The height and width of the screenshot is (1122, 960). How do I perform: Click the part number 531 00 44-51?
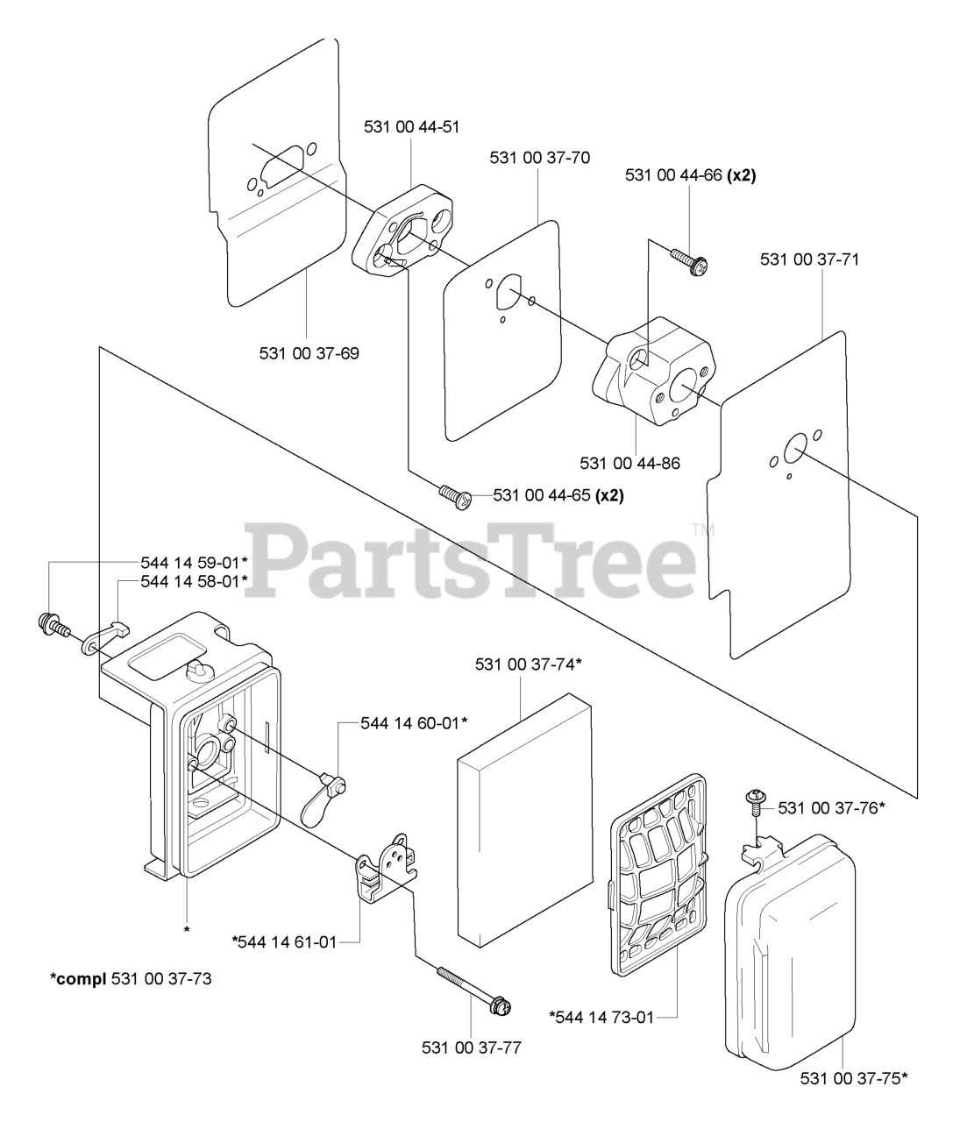click(x=411, y=126)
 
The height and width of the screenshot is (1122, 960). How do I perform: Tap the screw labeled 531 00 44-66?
click(x=690, y=261)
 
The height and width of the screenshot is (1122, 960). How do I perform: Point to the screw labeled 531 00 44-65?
click(x=456, y=495)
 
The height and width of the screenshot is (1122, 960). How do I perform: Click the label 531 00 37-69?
click(x=309, y=354)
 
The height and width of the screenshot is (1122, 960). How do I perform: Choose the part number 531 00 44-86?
click(x=629, y=463)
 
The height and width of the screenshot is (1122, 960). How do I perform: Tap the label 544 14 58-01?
click(x=194, y=581)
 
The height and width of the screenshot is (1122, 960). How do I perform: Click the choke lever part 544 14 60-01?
click(x=321, y=797)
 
